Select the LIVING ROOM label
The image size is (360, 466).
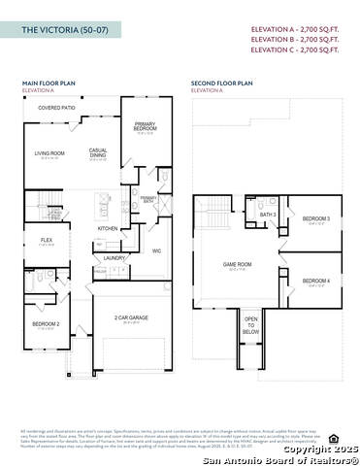pos(49,152)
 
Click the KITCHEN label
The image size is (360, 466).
pos(108,229)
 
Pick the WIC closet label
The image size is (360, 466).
pos(156,250)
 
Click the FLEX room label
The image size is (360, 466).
pos(46,240)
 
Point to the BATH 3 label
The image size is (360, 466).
pos(268,215)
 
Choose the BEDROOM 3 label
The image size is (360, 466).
pos(315,219)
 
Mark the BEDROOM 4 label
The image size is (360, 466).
pos(315,281)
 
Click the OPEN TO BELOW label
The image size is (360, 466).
pos(250,325)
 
